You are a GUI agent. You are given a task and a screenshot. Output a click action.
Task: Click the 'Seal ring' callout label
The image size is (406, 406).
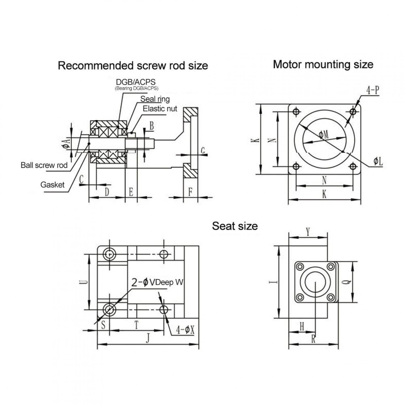155,99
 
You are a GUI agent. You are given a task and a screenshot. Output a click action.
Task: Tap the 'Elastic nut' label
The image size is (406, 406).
160,109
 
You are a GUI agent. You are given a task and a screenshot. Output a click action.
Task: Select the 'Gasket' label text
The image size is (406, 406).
52,185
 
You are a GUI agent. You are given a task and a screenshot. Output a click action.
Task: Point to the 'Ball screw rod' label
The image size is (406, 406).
44,165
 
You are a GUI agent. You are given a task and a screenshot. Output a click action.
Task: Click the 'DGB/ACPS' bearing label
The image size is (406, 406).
136,82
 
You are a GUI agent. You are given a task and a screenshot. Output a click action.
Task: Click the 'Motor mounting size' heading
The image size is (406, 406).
323,65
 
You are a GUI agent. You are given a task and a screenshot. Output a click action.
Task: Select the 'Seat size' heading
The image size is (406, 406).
235,226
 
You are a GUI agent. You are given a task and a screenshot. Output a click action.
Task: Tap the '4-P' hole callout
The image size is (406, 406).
373,90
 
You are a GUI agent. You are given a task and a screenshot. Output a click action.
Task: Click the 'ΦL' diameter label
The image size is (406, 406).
378,161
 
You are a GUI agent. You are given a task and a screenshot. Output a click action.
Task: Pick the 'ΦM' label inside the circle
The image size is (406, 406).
324,135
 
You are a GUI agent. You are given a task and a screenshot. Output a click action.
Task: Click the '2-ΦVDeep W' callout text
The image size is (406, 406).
157,282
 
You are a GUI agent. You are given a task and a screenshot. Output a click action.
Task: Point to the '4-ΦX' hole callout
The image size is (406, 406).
185,330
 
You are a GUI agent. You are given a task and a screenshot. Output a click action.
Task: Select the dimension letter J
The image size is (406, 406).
148,338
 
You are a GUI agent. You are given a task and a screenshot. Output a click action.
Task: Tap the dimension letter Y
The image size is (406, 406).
308,232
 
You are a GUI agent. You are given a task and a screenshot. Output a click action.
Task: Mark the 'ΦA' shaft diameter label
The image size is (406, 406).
65,143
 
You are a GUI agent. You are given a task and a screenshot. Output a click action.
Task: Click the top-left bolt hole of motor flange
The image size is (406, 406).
296,111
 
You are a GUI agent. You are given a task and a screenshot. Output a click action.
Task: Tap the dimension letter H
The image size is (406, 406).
302,327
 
